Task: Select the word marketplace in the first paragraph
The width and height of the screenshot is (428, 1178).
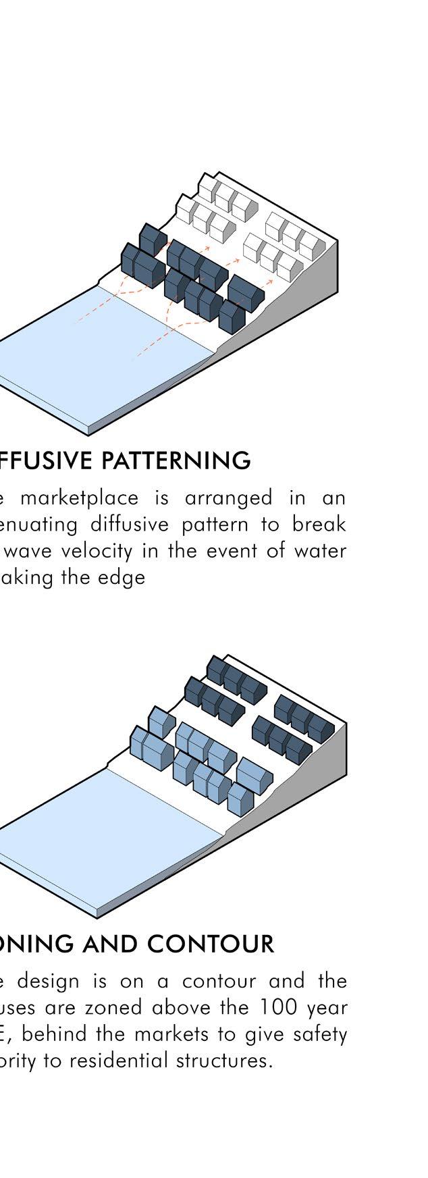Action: [79, 498]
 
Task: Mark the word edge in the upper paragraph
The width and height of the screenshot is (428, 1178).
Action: [126, 578]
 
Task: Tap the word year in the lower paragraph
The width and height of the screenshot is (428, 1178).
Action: [325, 1007]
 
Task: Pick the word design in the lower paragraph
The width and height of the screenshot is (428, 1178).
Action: [59, 980]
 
